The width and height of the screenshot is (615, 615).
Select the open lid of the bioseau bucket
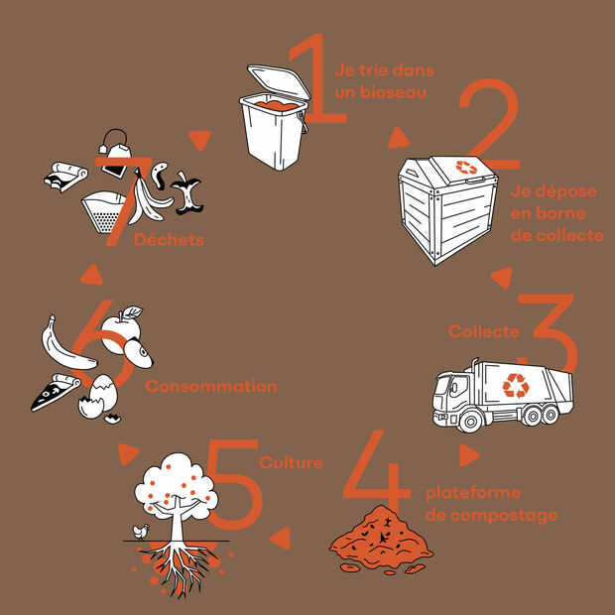pos(279,81)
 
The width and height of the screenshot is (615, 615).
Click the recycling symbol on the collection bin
pos(466,168)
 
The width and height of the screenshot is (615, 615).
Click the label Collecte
pos(484,332)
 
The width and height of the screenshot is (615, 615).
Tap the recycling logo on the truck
pos(516,386)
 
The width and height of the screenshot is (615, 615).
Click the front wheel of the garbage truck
pos(469,421)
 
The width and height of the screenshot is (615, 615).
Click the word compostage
pos(504,516)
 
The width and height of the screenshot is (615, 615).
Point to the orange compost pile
pos(381,540)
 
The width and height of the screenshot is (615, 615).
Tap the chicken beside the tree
pos(141,532)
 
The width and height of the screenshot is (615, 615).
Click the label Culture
pos(292,463)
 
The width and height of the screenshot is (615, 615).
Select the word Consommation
pos(211,386)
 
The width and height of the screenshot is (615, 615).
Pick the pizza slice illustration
pos(55,393)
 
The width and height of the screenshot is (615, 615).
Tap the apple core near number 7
pos(187,193)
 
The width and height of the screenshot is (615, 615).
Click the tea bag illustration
pos(115,155)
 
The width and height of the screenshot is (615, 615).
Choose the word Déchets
pos(169,240)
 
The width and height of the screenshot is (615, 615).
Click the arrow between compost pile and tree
pos(282,538)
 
